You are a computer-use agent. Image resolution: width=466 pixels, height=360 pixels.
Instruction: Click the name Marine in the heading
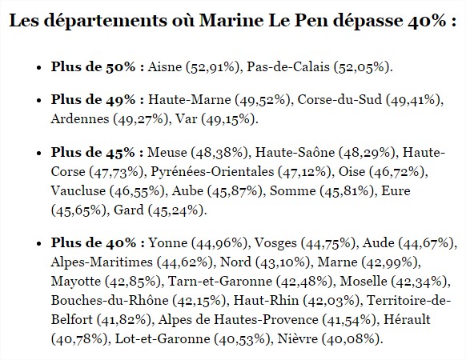coord(231,20)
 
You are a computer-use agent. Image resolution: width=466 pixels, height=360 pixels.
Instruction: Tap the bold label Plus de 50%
coord(94,66)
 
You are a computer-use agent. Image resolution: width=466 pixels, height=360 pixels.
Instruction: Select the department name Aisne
coord(165,66)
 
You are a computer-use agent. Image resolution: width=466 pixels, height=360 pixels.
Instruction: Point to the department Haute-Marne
coord(190,99)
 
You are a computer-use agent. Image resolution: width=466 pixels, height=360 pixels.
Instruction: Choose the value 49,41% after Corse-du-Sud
coord(413,100)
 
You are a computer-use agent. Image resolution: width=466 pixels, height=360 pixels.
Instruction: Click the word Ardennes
coord(80,118)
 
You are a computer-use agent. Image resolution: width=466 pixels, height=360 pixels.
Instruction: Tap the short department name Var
coord(186,118)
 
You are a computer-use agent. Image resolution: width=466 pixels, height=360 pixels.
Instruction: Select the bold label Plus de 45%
coord(93,152)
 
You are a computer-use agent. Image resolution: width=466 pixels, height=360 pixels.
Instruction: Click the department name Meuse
coord(167,152)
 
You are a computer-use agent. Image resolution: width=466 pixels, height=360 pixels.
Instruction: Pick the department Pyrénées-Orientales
coord(212,172)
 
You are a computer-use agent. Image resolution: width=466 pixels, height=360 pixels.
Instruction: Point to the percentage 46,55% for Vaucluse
coord(138,191)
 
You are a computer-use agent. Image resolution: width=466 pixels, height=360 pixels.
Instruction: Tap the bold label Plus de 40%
coord(94,242)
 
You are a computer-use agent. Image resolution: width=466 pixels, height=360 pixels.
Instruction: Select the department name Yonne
coord(168,242)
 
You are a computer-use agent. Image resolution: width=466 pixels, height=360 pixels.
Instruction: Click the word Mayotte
coord(76,282)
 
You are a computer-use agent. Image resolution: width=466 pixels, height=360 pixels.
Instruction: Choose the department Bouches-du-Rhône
coord(110,300)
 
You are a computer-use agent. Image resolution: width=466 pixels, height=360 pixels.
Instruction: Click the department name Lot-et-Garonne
coord(163,338)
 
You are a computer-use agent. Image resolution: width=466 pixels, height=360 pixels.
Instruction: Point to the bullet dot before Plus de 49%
coord(38,100)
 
